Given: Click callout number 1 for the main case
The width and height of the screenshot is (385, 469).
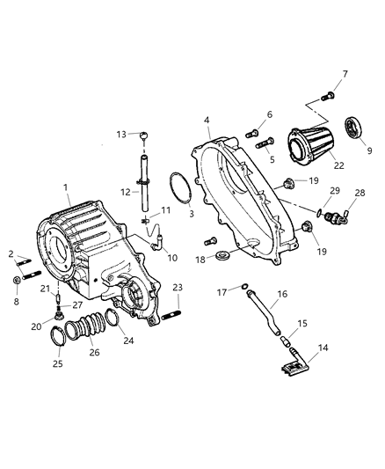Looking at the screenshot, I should click(67, 187).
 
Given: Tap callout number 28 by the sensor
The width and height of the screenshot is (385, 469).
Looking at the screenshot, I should click(359, 192).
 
